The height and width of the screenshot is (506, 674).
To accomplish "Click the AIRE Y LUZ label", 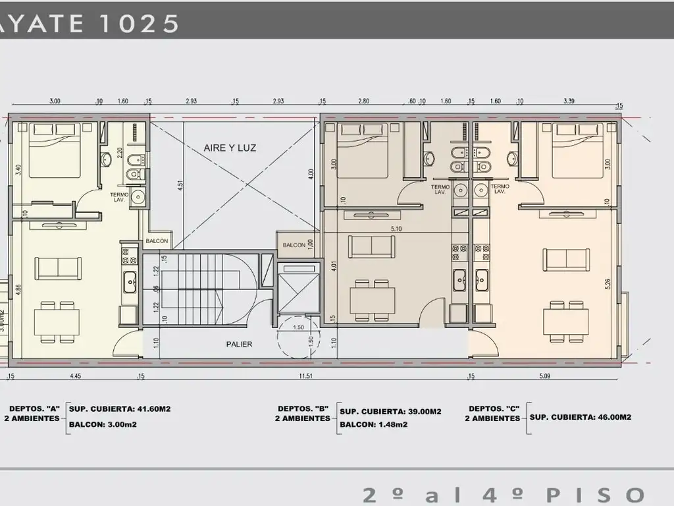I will tap(230, 148).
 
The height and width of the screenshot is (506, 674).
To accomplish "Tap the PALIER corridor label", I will tap(239, 344).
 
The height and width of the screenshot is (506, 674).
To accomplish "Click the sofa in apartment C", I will tap(566, 259).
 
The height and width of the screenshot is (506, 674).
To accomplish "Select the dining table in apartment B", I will tap(373, 300).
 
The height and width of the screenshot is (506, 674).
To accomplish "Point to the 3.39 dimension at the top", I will tap(569, 101).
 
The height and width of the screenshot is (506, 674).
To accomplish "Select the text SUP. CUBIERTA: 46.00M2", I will tap(581, 417).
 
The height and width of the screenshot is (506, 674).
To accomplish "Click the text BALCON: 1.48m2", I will tap(373, 425).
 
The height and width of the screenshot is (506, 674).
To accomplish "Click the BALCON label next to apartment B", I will tap(294, 245).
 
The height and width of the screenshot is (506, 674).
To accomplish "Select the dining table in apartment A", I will tap(57, 321).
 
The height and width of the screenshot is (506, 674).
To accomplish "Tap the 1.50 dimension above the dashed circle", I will tap(298, 327).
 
